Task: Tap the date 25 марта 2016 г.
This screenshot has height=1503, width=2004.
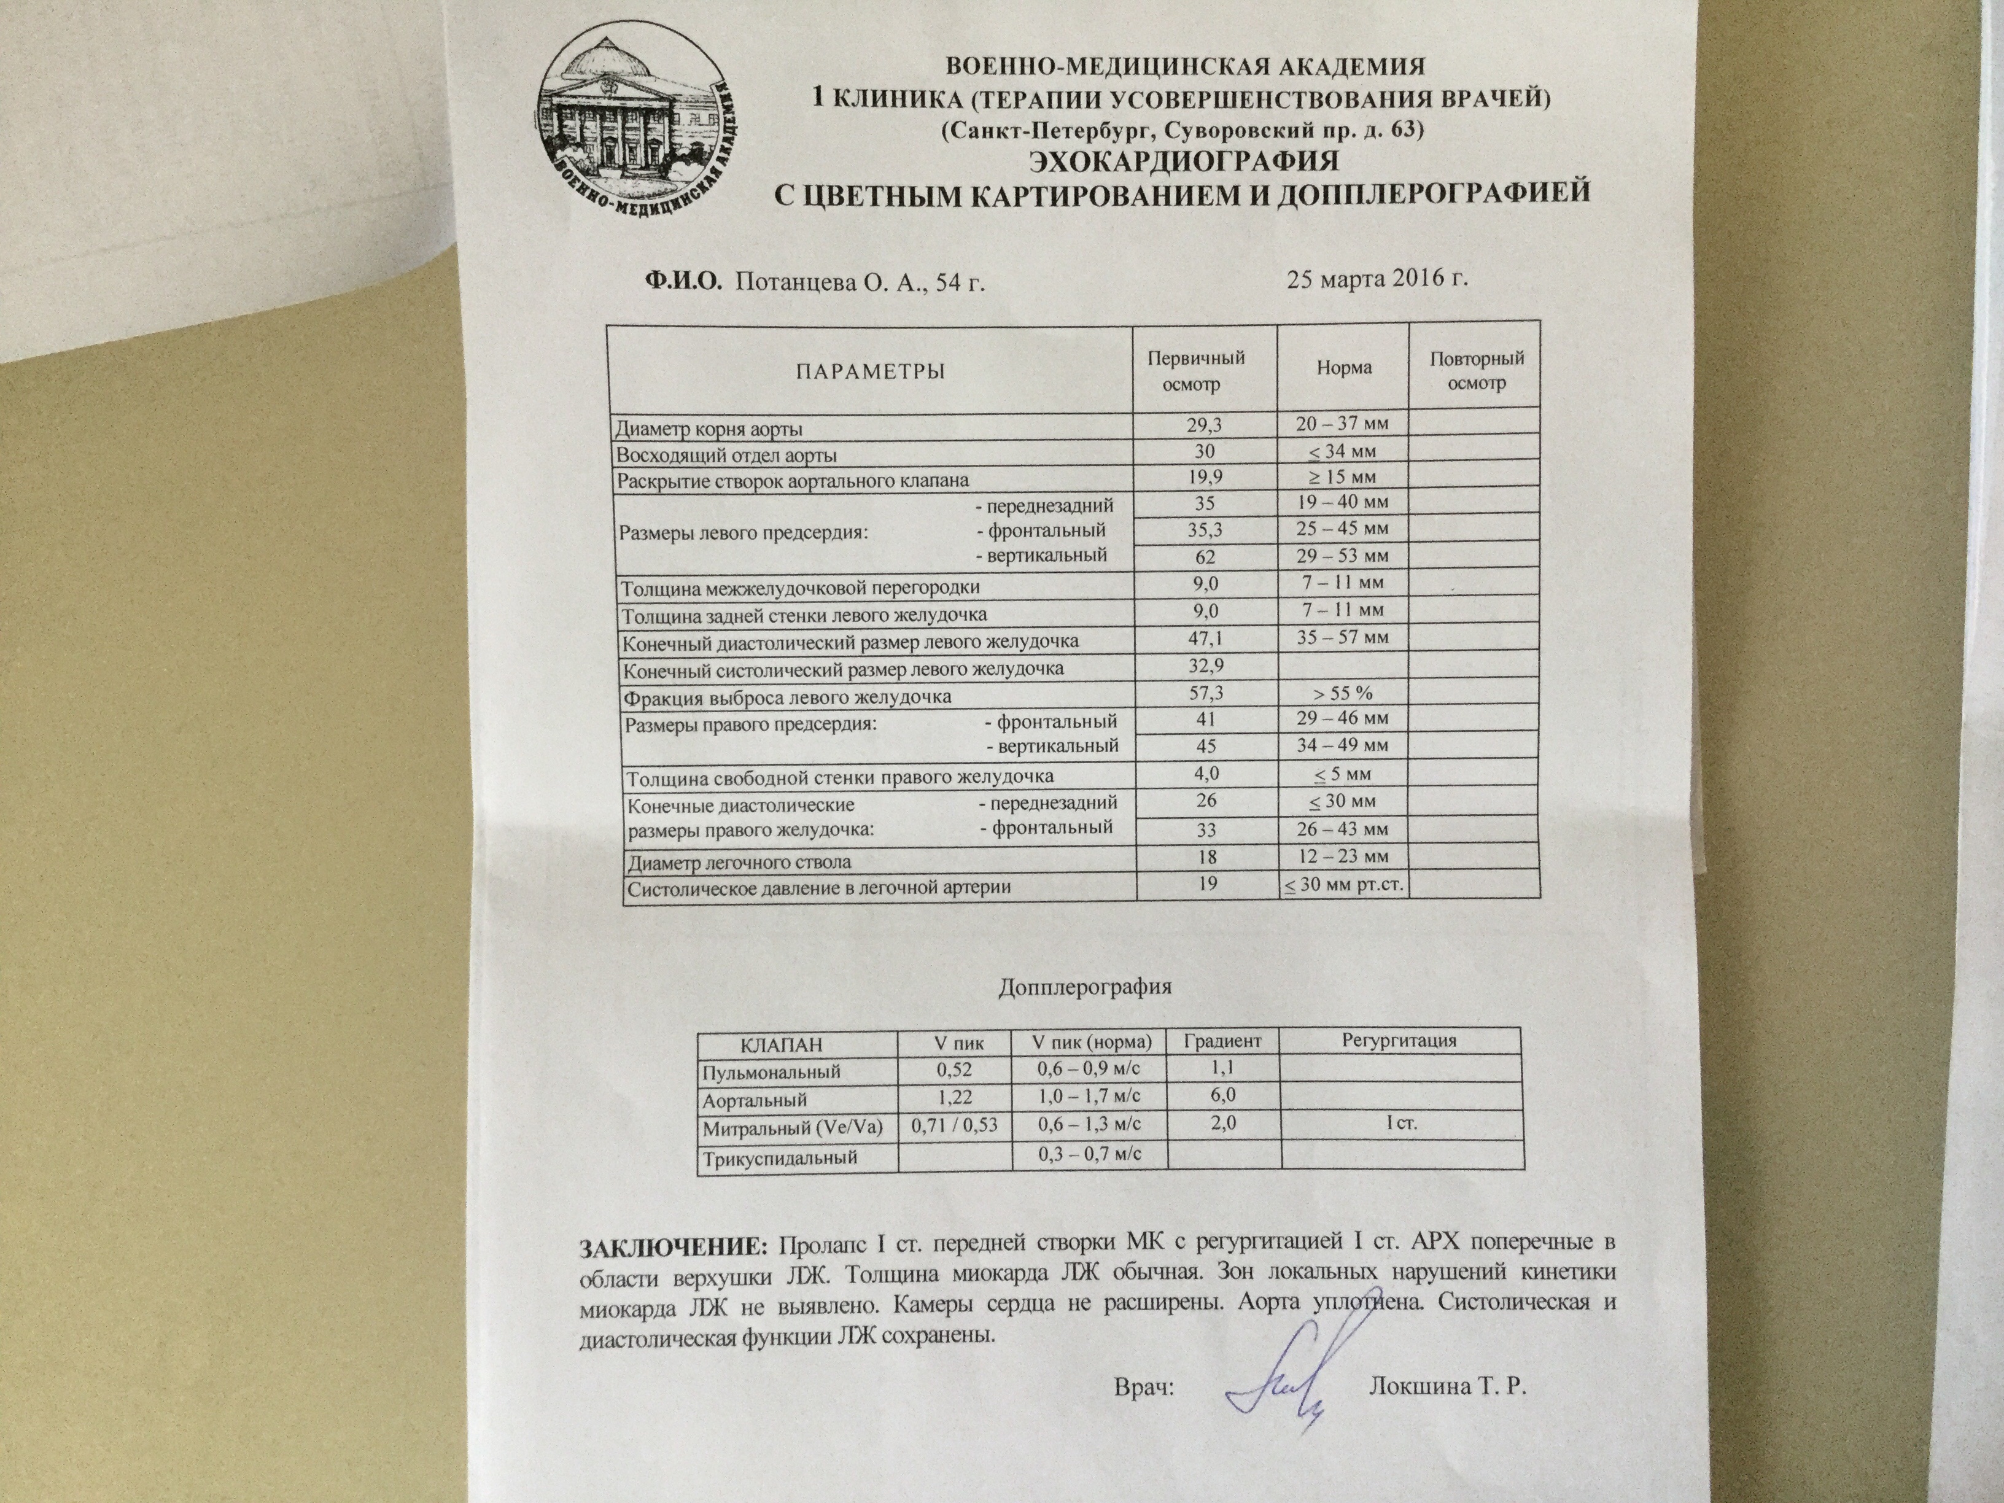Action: pyautogui.click(x=1376, y=279)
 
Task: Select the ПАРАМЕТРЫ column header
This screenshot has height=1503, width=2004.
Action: pyautogui.click(x=870, y=371)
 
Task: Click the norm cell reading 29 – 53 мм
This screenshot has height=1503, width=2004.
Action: pyautogui.click(x=1343, y=556)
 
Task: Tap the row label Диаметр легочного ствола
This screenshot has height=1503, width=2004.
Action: pyautogui.click(x=739, y=861)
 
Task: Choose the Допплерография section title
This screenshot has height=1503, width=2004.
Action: pyautogui.click(x=1084, y=987)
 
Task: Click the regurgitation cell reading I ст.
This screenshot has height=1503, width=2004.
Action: pyautogui.click(x=1402, y=1124)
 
